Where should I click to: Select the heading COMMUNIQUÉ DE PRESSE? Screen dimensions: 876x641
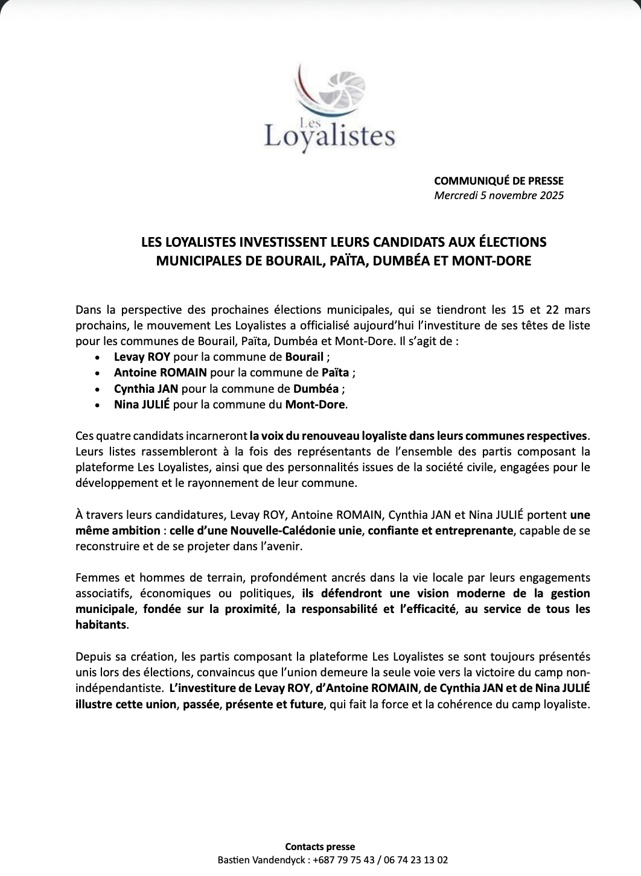[x=499, y=180]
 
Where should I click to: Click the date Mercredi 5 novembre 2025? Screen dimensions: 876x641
[x=499, y=195]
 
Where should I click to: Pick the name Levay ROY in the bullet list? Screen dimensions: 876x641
[x=142, y=357]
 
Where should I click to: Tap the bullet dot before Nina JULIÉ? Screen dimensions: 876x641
[x=98, y=405]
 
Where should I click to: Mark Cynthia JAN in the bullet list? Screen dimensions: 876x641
[x=145, y=389]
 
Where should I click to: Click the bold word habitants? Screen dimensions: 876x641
[x=101, y=625]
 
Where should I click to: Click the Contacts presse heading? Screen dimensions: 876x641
[x=320, y=847]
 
